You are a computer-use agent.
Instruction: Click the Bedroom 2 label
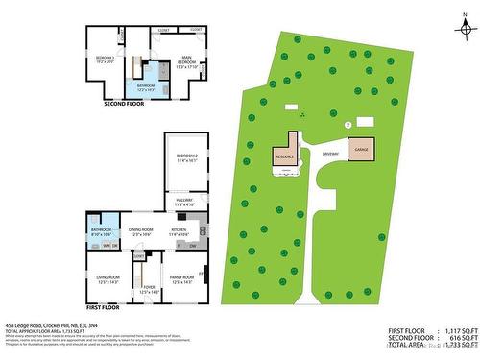pos(186,157)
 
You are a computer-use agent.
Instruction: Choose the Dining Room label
pos(141,231)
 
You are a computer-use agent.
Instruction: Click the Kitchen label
pos(180,231)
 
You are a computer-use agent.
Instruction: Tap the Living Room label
pos(108,279)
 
